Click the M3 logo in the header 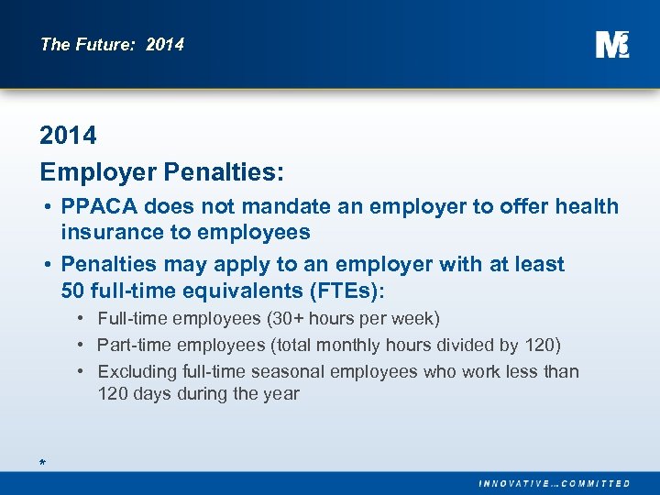tap(611, 44)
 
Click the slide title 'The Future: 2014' tap(112, 44)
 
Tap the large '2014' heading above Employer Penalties tap(68, 136)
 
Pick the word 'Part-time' tap(135, 345)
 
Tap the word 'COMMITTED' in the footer tap(595, 483)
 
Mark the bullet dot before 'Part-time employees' tap(82, 346)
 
